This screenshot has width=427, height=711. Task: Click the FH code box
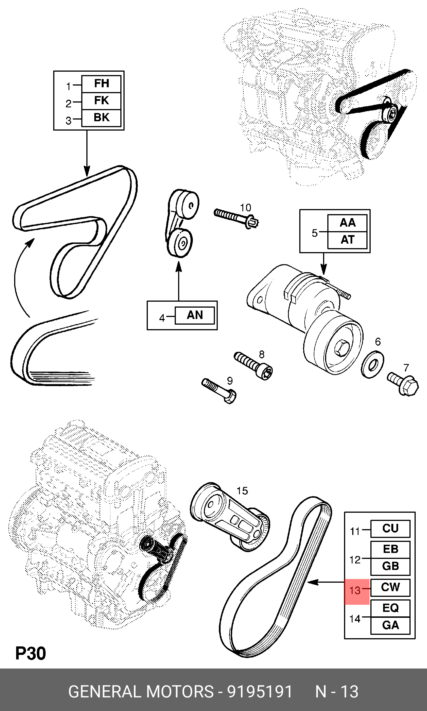101,84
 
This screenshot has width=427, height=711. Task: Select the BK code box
101,118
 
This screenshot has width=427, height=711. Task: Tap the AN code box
195,315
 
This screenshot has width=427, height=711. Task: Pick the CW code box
390,587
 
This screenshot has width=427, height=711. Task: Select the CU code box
390,529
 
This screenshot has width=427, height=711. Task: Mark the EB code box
390,549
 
